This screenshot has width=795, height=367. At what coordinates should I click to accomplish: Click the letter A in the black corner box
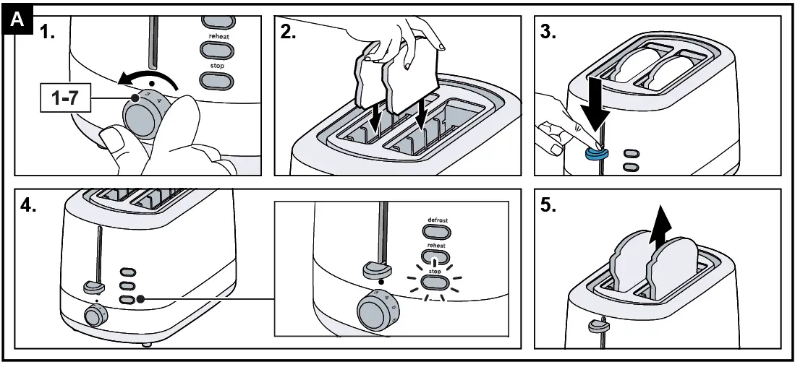click(17, 22)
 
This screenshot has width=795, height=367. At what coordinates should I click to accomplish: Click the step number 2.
click(289, 33)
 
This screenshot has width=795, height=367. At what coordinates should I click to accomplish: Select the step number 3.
click(548, 33)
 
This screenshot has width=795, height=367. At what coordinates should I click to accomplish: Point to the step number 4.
click(29, 205)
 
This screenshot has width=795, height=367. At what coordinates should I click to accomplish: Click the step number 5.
click(548, 205)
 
